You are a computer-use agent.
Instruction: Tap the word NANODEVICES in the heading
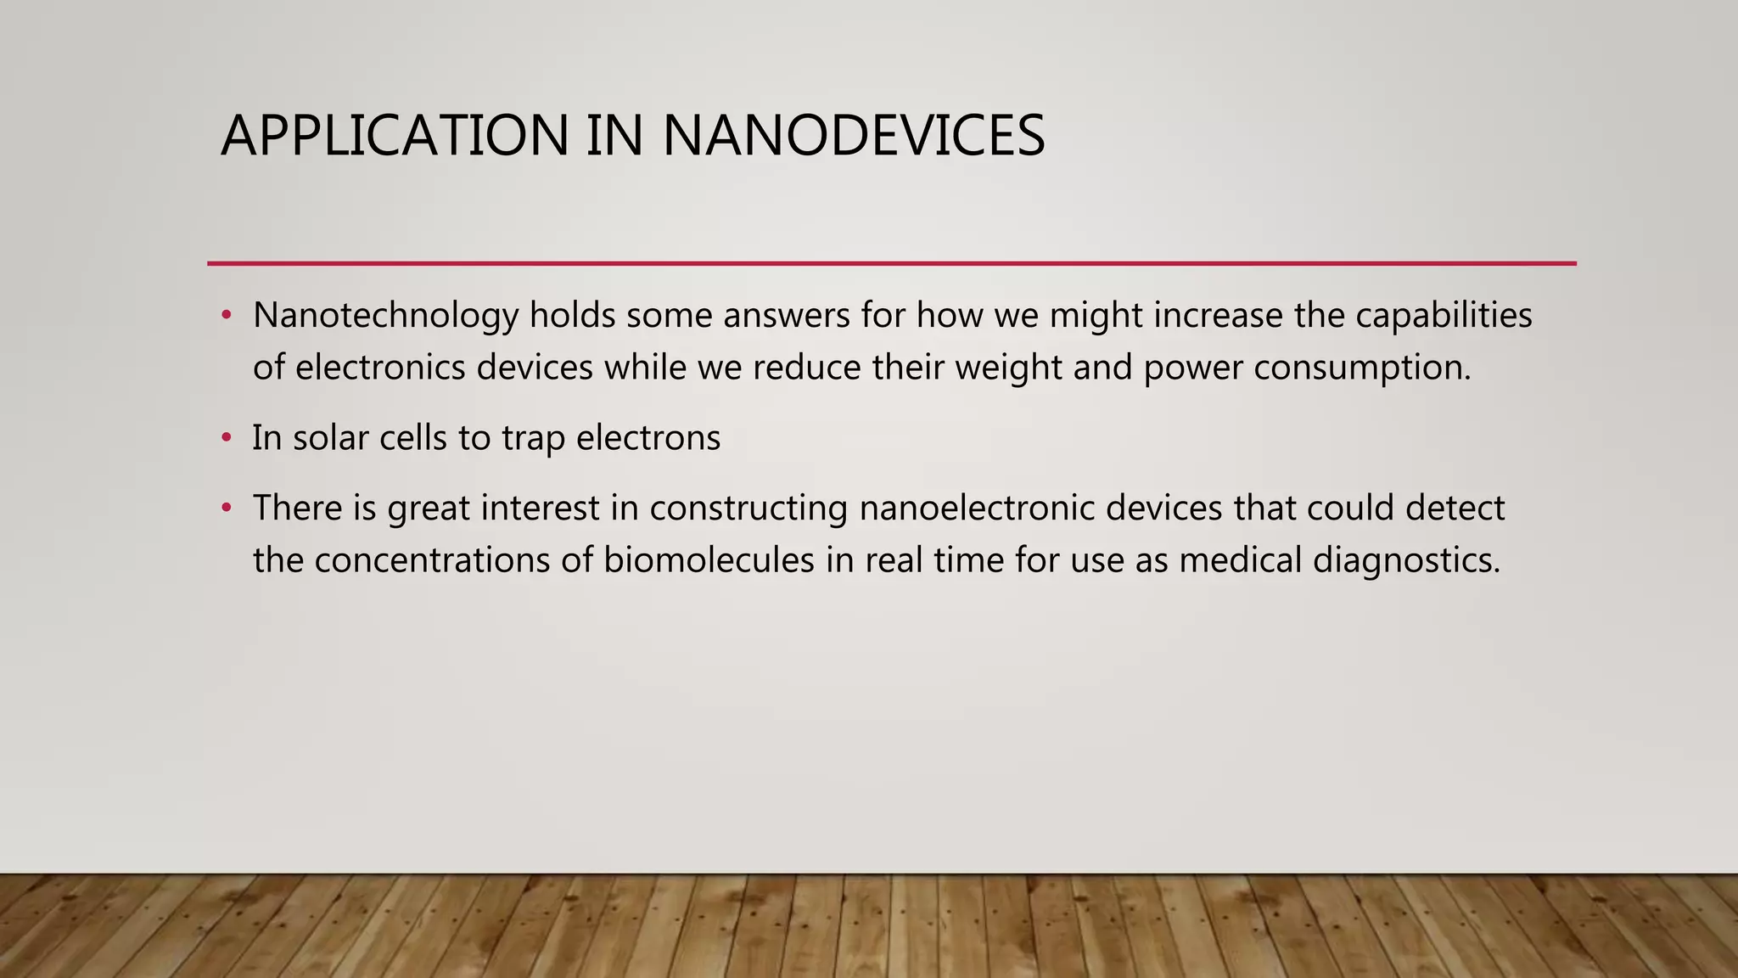[853, 136]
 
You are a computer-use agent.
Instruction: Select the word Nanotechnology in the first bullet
[385, 316]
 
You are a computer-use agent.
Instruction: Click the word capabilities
[1444, 316]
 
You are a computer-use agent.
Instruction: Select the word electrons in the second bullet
[648, 438]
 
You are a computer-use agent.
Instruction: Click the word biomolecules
[709, 560]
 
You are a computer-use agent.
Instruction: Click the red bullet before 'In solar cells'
[226, 438]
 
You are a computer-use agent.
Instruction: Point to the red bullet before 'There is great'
[226, 509]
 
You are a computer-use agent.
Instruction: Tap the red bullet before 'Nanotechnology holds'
[226, 316]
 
